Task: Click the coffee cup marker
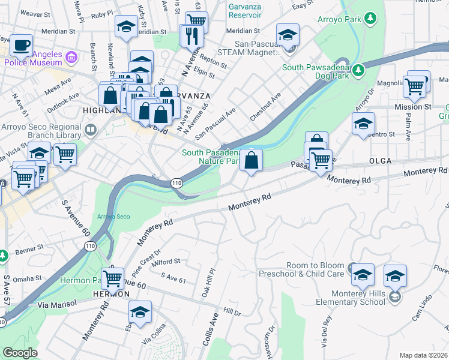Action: pyautogui.click(x=21, y=45)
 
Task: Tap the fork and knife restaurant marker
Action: pyautogui.click(x=192, y=36)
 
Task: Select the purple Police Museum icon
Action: pyautogui.click(x=71, y=58)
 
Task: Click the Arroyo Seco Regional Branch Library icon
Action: pyautogui.click(x=91, y=129)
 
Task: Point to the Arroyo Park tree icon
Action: pyautogui.click(x=371, y=19)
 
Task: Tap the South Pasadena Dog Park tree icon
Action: pyautogui.click(x=358, y=70)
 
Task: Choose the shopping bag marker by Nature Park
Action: pyautogui.click(x=252, y=160)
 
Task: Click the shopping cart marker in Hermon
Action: pyautogui.click(x=112, y=278)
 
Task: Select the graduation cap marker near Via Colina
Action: pyautogui.click(x=140, y=312)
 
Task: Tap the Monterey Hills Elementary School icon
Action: pyautogui.click(x=394, y=297)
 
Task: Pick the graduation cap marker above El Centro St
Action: pyautogui.click(x=363, y=124)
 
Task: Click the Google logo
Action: pyautogui.click(x=20, y=353)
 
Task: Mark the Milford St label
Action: pyautogui.click(x=166, y=262)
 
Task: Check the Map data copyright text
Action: pyautogui.click(x=423, y=355)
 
